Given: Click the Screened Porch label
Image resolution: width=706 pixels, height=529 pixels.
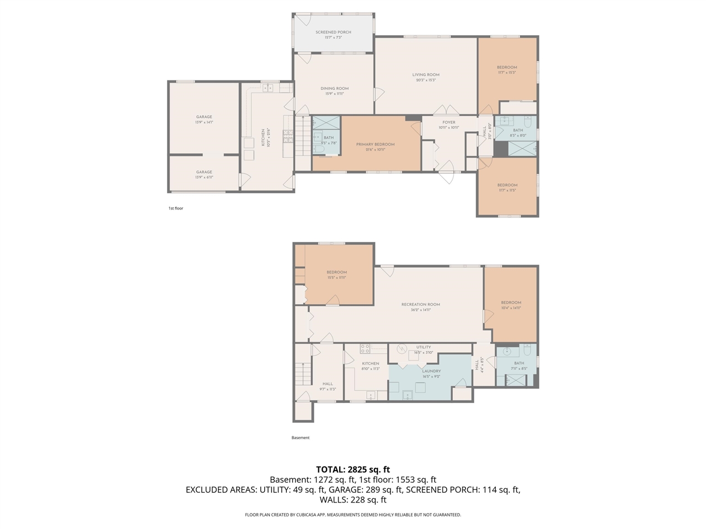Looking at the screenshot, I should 333,35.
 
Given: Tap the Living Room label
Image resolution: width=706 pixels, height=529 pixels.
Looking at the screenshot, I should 426,77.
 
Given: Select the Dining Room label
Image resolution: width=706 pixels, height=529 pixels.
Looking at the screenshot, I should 334,91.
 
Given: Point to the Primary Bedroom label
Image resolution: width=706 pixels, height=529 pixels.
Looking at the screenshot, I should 375,147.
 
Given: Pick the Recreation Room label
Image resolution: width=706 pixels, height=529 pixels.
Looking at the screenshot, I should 421,307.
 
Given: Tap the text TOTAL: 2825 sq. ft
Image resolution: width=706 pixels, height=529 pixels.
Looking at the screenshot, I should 353,469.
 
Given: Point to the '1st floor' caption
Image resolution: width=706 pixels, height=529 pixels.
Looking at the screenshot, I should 175,208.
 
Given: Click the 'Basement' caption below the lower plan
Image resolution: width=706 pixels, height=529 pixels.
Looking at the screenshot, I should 301,438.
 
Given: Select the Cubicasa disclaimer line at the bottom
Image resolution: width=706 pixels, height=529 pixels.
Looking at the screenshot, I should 353,515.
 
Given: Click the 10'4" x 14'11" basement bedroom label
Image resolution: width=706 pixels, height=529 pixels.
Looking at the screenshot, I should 511,307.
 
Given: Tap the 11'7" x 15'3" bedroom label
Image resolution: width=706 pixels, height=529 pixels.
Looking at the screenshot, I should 506,72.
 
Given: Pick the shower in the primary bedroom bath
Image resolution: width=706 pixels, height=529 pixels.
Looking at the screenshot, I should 327,122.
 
